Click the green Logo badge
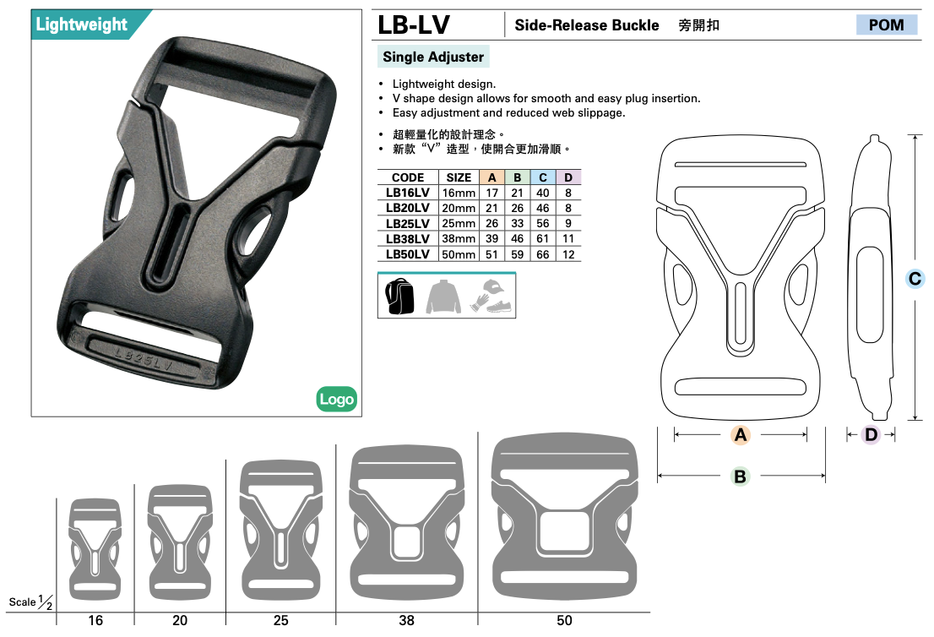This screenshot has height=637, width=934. click(337, 400)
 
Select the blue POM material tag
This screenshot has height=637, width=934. click(887, 25)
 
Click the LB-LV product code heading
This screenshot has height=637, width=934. click(414, 25)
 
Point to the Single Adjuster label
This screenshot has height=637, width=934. click(433, 57)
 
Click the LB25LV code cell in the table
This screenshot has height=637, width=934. click(407, 223)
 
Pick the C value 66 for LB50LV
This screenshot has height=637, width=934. click(543, 254)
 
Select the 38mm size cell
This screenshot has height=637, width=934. click(459, 238)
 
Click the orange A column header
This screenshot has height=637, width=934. click(492, 177)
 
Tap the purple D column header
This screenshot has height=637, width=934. click(568, 177)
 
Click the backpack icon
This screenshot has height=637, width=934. click(399, 297)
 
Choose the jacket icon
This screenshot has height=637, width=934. click(443, 297)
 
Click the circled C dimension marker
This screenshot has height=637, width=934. click(915, 278)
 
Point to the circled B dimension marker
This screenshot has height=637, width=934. click(740, 476)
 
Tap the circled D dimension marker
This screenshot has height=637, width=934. click(871, 434)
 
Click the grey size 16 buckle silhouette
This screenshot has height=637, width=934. click(95, 549)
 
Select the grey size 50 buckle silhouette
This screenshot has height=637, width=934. click(564, 517)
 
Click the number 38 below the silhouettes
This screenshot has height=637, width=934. click(406, 620)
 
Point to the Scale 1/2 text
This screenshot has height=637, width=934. click(31, 602)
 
